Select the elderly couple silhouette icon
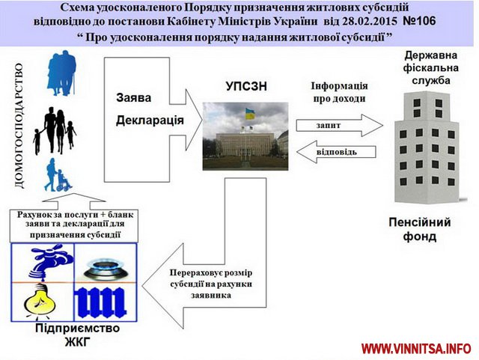click(x=59, y=76)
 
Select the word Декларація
click(x=150, y=120)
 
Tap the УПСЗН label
click(x=245, y=87)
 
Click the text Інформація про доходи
click(x=338, y=93)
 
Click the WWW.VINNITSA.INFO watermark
click(x=416, y=350)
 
